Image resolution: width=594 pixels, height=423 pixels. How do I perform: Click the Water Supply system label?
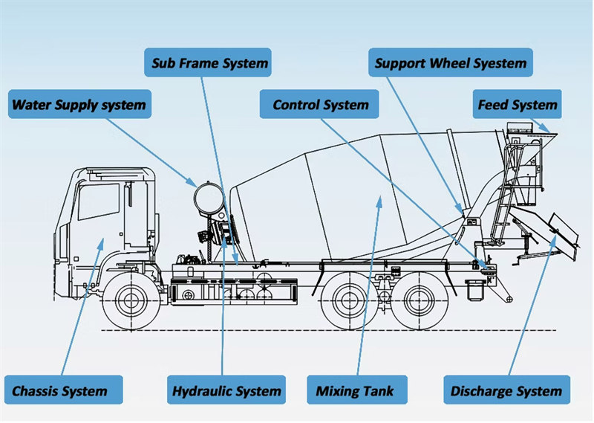[79, 105]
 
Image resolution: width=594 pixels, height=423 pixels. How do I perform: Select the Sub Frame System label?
[209, 62]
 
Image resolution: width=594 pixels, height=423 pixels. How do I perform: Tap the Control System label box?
[320, 105]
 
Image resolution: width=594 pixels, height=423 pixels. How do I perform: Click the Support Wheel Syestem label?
[451, 62]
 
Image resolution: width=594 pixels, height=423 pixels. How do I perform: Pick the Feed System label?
[517, 105]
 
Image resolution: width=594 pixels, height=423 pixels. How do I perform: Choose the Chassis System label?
[59, 390]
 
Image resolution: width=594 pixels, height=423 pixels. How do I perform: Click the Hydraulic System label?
[226, 390]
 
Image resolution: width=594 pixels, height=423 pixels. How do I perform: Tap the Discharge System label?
[506, 390]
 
